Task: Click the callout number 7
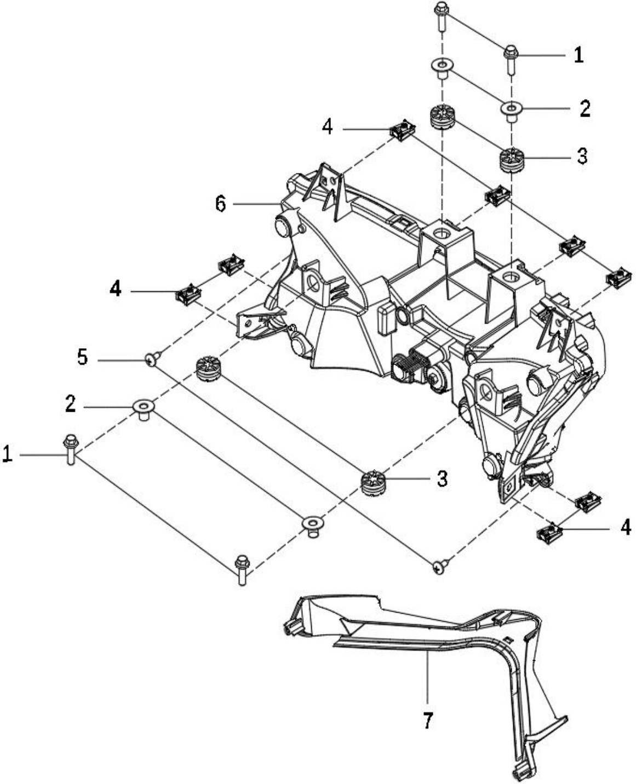pos(427,720)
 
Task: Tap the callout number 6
pos(221,204)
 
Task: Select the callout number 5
pos(83,356)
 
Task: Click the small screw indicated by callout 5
pos(152,359)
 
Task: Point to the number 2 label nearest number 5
pos(70,403)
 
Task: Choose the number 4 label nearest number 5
pos(115,288)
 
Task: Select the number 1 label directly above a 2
pos(578,55)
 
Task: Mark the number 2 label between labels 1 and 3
pos(585,108)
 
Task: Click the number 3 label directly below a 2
pos(582,156)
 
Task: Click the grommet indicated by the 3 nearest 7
pos(371,482)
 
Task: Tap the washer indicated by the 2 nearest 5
pos(144,411)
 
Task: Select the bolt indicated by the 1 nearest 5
pos(70,449)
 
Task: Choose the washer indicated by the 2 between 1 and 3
pos(511,111)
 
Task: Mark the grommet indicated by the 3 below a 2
pos(511,159)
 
